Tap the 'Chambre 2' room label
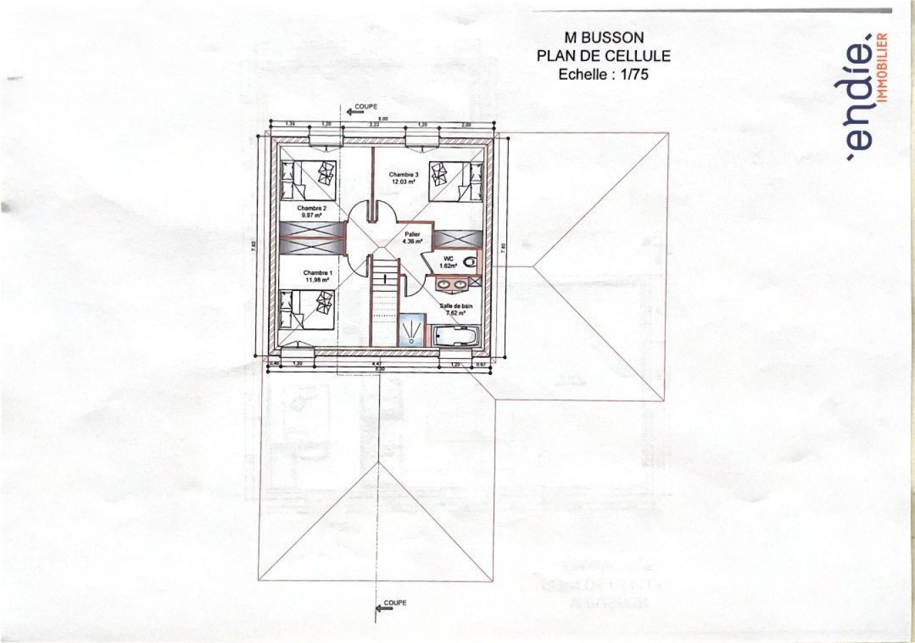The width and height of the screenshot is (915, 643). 311,208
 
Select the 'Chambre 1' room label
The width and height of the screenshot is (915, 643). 317,273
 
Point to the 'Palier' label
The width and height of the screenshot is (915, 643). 412,234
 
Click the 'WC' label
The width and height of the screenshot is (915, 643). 448,259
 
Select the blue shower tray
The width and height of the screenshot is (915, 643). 410,330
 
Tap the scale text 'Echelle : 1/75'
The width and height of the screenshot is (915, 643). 603,74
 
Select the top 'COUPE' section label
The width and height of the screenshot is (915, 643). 365,107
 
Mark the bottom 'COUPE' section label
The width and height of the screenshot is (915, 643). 395,602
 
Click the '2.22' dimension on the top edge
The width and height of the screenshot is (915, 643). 374,125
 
